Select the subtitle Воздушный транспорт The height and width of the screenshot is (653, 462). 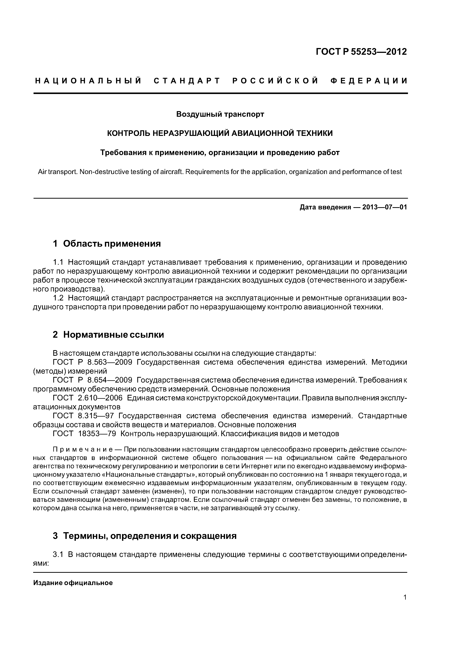[220, 114]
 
